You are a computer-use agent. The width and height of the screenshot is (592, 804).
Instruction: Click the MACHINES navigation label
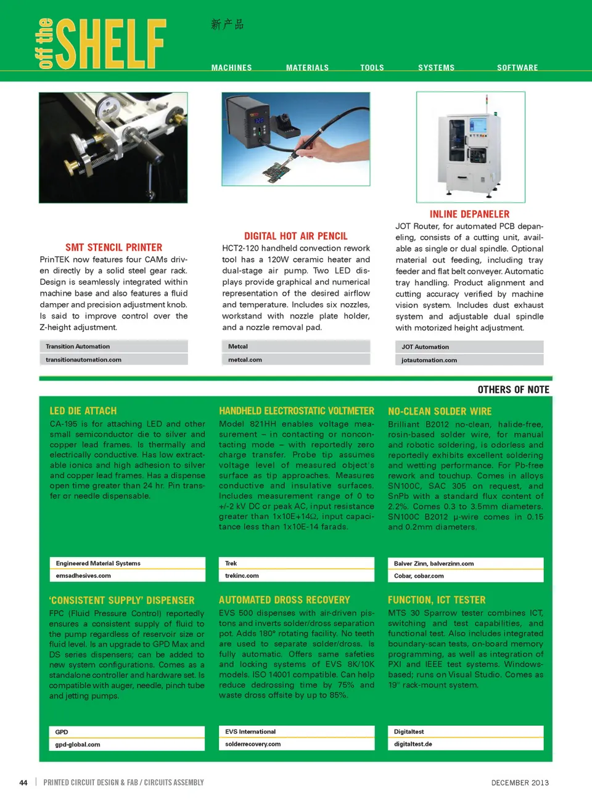coord(231,68)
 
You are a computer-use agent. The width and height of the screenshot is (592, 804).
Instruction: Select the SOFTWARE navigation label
coord(517,68)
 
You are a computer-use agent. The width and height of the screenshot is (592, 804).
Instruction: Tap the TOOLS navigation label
coord(372,68)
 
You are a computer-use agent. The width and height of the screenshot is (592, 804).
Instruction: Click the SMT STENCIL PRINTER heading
coord(114,248)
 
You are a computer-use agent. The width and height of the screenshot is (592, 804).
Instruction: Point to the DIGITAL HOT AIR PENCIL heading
coord(296,236)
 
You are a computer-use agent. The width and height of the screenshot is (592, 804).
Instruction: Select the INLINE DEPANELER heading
coord(469,214)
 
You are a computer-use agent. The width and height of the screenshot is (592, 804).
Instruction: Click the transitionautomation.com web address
coord(83,360)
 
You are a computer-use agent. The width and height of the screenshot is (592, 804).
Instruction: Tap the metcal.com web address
coord(245,360)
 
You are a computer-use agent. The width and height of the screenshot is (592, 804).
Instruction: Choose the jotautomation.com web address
coord(429,360)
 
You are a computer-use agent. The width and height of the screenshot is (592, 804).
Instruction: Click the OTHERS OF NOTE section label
coord(513,390)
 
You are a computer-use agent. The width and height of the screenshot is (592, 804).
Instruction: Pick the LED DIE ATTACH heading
coord(83,411)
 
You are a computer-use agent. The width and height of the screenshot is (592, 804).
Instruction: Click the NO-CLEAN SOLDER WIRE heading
coord(440,412)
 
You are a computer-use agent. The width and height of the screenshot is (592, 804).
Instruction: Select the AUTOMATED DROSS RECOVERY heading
coord(284,600)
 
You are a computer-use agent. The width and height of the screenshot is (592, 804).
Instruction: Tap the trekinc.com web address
coord(242,576)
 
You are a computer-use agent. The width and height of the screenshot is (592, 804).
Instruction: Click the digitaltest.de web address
coord(413,744)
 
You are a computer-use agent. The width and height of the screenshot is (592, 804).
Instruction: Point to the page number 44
coord(23,783)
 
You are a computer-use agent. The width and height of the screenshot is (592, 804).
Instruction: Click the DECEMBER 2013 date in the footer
coord(520,783)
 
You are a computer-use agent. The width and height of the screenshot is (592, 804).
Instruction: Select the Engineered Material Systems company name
coord(98,564)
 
